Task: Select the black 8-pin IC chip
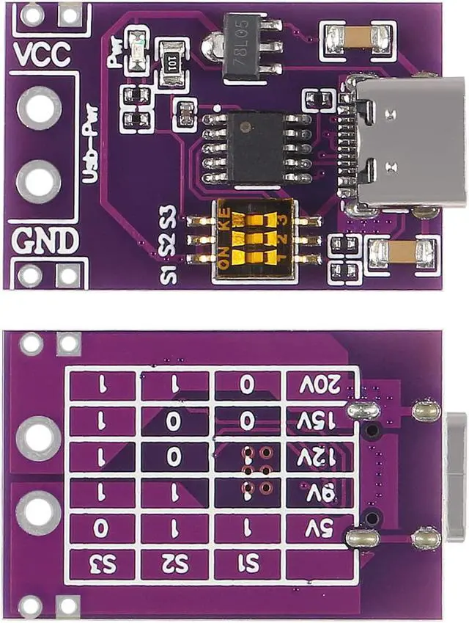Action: pyautogui.click(x=255, y=147)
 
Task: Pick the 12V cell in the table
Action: pyautogui.click(x=322, y=457)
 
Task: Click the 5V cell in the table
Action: pyautogui.click(x=322, y=528)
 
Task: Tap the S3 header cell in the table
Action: pyautogui.click(x=103, y=564)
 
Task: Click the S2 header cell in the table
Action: pyautogui.click(x=176, y=564)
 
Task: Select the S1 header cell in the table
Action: pyautogui.click(x=248, y=564)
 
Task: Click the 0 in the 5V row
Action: pyautogui.click(x=103, y=528)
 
